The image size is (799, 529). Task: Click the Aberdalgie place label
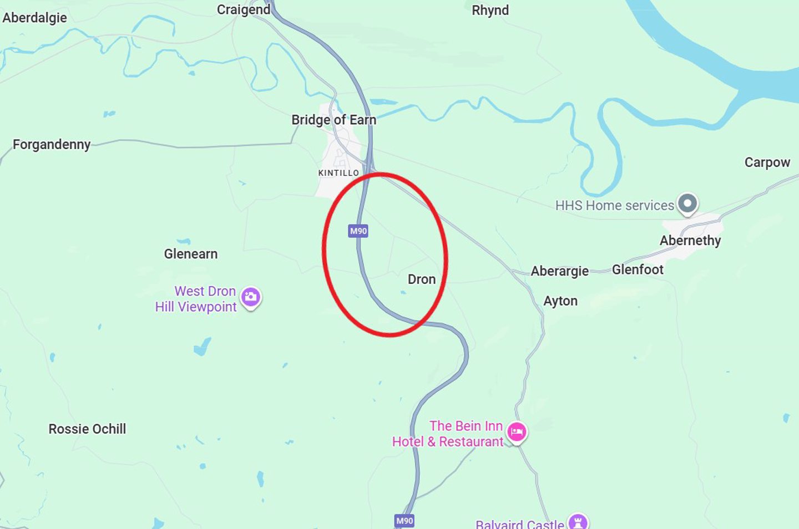pos(34,18)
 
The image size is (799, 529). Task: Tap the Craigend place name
pos(243,10)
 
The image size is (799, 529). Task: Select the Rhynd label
pos(490,11)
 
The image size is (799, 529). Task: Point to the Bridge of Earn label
pos(333,120)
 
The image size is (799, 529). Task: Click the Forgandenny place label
pos(52,145)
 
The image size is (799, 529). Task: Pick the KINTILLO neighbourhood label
pos(338,173)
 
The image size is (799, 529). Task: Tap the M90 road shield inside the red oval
pos(358,231)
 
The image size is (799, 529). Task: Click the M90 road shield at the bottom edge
pos(404,521)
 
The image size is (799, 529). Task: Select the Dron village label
pos(422,279)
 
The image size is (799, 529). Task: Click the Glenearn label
pos(191,254)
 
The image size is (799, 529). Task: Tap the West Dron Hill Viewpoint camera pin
pos(251,297)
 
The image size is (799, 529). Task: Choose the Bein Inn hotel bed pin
pos(517,432)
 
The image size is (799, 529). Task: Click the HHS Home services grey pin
pos(688,204)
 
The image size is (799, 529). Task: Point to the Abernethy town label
pos(690,241)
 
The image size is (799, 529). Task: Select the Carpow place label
pos(767,162)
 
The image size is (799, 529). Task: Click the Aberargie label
pos(559,271)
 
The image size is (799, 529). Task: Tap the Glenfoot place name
pos(638,269)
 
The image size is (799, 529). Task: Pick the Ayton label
pos(560,301)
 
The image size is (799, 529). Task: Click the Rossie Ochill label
pos(87,429)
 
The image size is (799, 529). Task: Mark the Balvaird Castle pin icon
pos(578,522)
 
